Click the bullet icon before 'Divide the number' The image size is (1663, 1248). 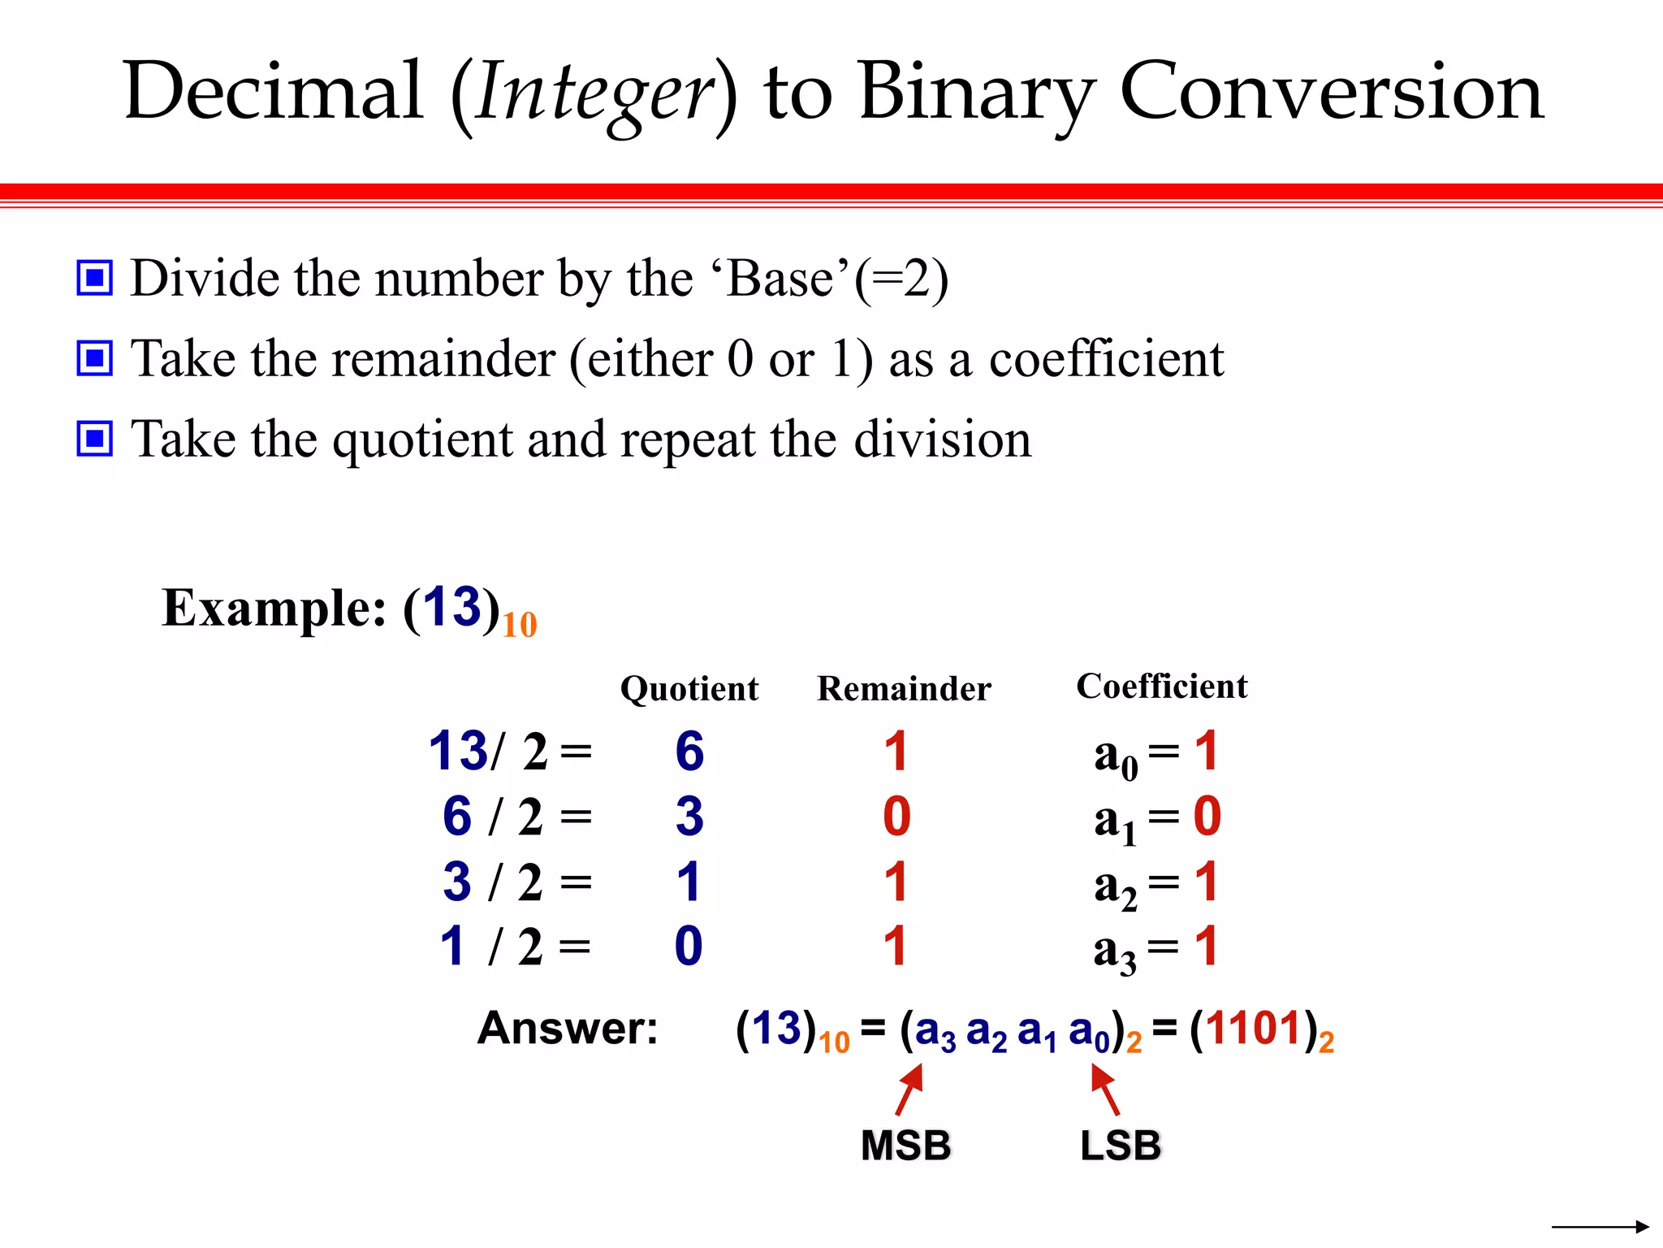[95, 279]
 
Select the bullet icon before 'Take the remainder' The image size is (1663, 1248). [95, 358]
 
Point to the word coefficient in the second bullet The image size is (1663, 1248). [1106, 359]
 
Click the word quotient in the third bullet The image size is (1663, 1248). [423, 440]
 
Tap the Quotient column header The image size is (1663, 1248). [689, 689]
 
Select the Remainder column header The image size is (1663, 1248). [904, 689]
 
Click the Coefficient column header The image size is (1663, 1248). [1161, 687]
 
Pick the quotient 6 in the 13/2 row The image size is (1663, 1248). [689, 751]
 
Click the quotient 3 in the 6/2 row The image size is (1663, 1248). [689, 816]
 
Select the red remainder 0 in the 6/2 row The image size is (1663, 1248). [896, 816]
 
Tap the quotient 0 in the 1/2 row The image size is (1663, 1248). [689, 946]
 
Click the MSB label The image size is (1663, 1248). [905, 1146]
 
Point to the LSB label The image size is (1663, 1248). [1121, 1146]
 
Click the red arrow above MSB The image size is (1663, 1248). [909, 1090]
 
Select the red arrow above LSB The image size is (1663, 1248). [1105, 1090]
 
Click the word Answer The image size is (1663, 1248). [568, 1029]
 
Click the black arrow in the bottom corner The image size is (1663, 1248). [1600, 1226]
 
